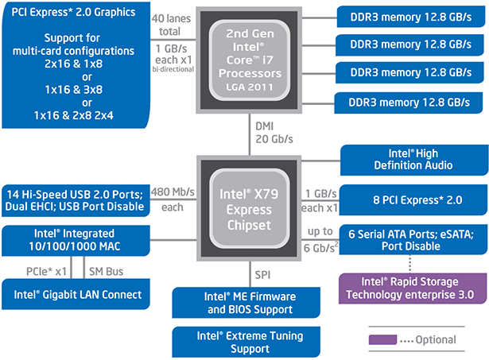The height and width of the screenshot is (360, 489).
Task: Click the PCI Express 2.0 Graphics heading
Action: click(75, 13)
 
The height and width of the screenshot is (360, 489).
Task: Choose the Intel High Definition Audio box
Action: click(413, 159)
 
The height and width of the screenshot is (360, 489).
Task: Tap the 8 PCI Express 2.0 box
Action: click(413, 198)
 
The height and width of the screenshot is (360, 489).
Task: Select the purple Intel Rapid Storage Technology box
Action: click(413, 287)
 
